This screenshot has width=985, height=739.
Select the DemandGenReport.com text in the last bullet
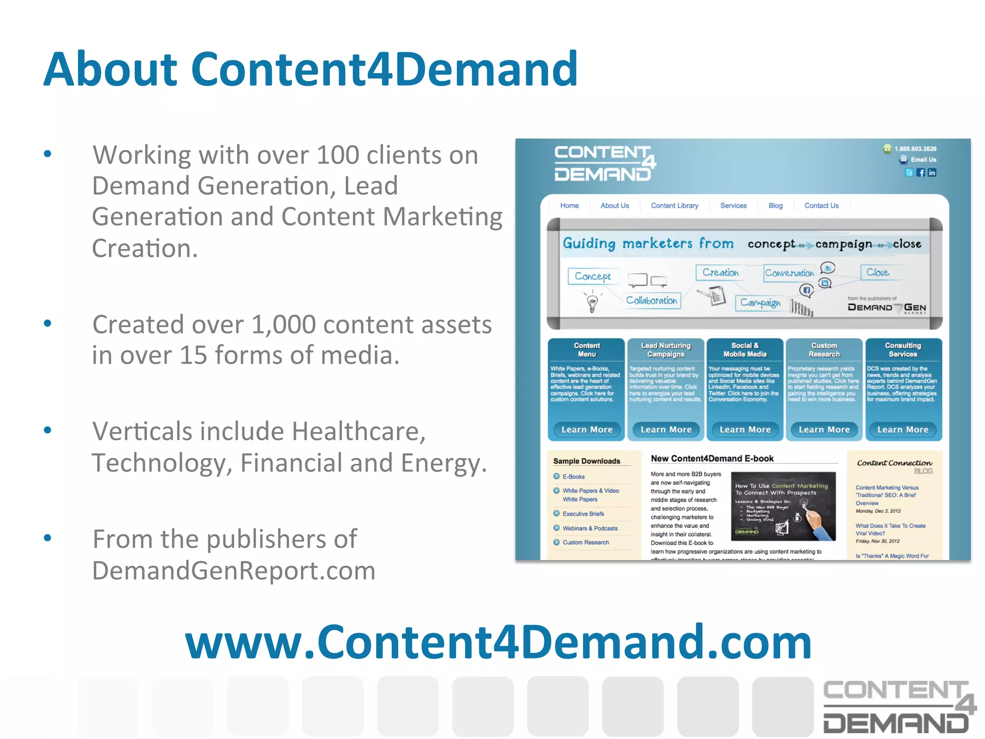(234, 571)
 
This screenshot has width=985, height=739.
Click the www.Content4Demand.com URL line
(498, 642)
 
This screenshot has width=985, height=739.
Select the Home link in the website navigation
(569, 206)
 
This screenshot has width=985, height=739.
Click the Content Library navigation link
(674, 206)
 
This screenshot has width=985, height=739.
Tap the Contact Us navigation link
(821, 206)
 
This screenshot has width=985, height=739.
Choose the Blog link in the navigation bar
(775, 206)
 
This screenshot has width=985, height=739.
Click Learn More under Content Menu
(587, 430)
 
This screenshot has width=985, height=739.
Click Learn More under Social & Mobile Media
(745, 430)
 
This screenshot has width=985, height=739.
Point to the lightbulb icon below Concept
(593, 303)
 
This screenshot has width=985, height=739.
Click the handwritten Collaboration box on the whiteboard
(652, 301)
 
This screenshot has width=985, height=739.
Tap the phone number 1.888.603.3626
(915, 149)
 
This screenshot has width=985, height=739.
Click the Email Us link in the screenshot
(923, 160)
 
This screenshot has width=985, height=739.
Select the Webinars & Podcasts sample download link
(590, 528)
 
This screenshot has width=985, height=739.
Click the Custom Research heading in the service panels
(824, 350)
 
